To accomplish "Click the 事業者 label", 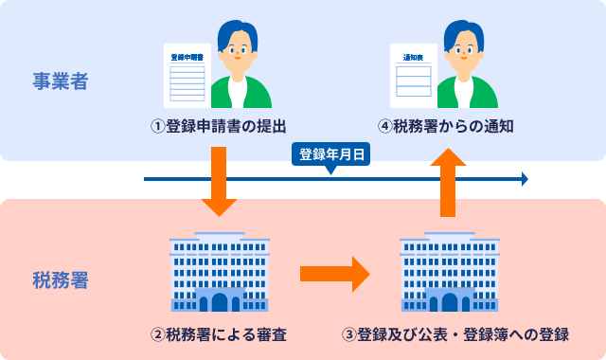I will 60,81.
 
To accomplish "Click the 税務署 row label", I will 60,280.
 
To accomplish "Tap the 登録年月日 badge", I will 330,155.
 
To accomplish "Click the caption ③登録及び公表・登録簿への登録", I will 455,334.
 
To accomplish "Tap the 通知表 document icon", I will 413,75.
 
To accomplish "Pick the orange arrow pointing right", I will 333,274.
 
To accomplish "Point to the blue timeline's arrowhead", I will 525,179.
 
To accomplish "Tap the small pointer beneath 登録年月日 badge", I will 330,171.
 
